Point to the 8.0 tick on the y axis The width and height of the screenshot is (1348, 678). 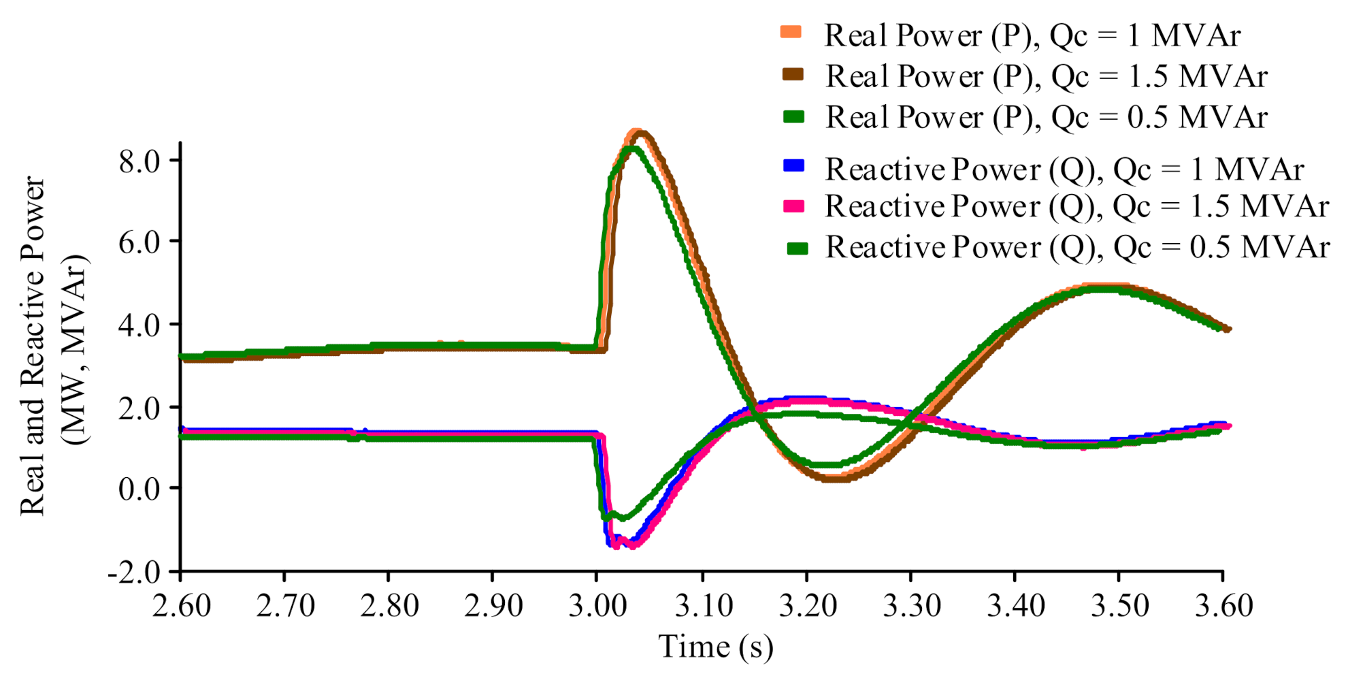(139, 162)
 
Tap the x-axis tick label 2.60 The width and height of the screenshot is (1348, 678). (181, 605)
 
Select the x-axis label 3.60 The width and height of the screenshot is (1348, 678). (1223, 605)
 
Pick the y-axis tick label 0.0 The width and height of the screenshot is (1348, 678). (139, 489)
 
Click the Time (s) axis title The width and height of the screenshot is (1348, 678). (715, 647)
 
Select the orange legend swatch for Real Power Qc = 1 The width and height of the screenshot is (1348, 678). (791, 32)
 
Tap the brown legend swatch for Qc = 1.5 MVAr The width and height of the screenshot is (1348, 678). (793, 74)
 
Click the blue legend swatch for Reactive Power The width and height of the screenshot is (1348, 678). (793, 165)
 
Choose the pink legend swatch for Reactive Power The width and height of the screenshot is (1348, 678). (793, 206)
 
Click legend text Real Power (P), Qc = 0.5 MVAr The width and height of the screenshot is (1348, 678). (1046, 117)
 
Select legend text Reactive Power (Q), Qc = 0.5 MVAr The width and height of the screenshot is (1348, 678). (1077, 246)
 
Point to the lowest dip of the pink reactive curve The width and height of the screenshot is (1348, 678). (631, 545)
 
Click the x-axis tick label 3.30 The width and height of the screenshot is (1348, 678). (911, 605)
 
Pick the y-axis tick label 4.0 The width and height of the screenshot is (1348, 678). (139, 325)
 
